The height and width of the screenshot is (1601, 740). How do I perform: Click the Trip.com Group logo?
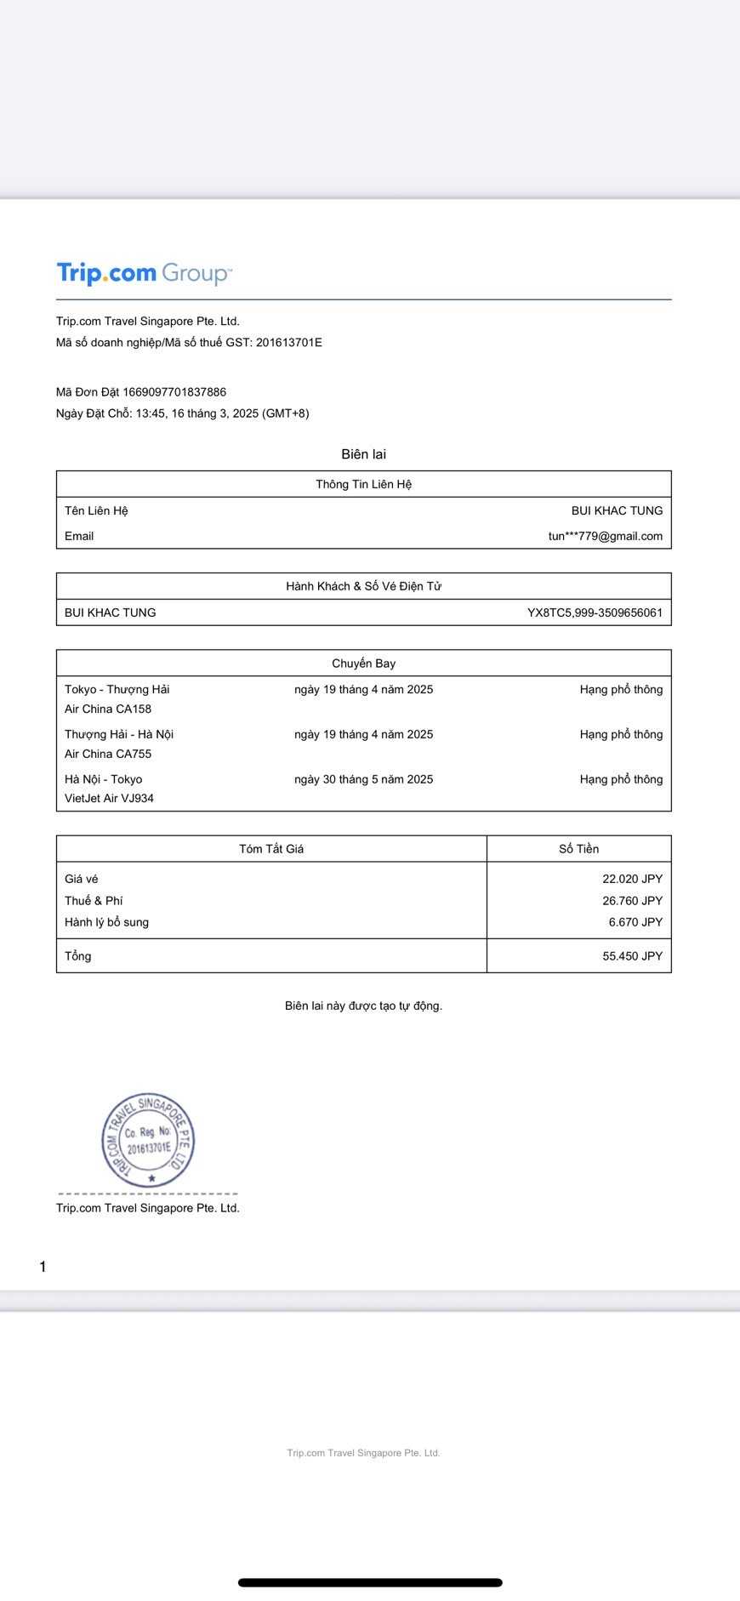(144, 273)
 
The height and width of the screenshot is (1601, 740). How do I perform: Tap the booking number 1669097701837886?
(174, 392)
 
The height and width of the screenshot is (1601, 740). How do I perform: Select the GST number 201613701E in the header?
(289, 343)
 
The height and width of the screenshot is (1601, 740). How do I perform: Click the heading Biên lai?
(363, 454)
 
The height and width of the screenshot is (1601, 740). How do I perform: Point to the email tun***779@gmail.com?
(605, 536)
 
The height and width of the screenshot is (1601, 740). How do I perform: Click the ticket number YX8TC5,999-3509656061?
(595, 612)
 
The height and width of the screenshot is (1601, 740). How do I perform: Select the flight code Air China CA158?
(108, 709)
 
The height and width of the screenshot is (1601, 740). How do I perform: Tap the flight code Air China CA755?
(108, 754)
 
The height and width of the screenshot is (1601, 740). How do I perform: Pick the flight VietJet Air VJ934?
(109, 798)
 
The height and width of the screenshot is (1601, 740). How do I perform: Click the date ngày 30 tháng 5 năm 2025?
(363, 779)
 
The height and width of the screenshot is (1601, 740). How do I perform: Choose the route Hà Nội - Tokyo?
(103, 779)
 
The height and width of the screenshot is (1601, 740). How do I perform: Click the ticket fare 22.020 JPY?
(632, 879)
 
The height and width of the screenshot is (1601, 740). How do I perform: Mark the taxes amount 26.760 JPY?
(632, 901)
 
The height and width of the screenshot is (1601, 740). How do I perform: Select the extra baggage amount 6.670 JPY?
(635, 922)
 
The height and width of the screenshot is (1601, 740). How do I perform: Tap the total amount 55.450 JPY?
(632, 956)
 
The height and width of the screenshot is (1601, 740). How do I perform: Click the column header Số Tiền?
(578, 849)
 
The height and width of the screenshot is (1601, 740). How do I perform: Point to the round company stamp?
(148, 1140)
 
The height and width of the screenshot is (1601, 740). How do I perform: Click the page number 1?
(43, 1267)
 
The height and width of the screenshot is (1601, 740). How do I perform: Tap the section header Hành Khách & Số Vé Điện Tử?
(363, 586)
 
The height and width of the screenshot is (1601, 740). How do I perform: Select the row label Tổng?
(78, 956)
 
